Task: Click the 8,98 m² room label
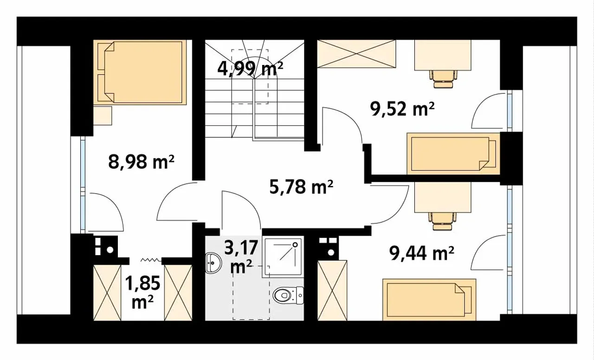(x=141, y=162)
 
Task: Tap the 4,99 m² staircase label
(x=250, y=69)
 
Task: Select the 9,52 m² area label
(x=402, y=109)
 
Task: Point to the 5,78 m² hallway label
(x=301, y=187)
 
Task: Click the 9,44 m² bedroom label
(x=421, y=253)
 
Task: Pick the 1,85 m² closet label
(x=142, y=292)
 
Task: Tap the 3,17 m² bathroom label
(x=241, y=257)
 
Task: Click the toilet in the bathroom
(x=288, y=296)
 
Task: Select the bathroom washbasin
(x=213, y=263)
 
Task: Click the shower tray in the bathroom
(x=283, y=256)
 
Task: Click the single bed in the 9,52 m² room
(x=453, y=154)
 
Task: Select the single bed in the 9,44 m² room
(x=429, y=300)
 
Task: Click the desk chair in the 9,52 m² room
(x=443, y=79)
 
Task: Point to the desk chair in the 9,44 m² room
(x=442, y=221)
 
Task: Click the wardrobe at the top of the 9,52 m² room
(x=356, y=54)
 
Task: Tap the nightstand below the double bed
(x=103, y=116)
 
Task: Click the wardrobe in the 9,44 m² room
(x=332, y=290)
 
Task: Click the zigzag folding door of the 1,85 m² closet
(x=151, y=260)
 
